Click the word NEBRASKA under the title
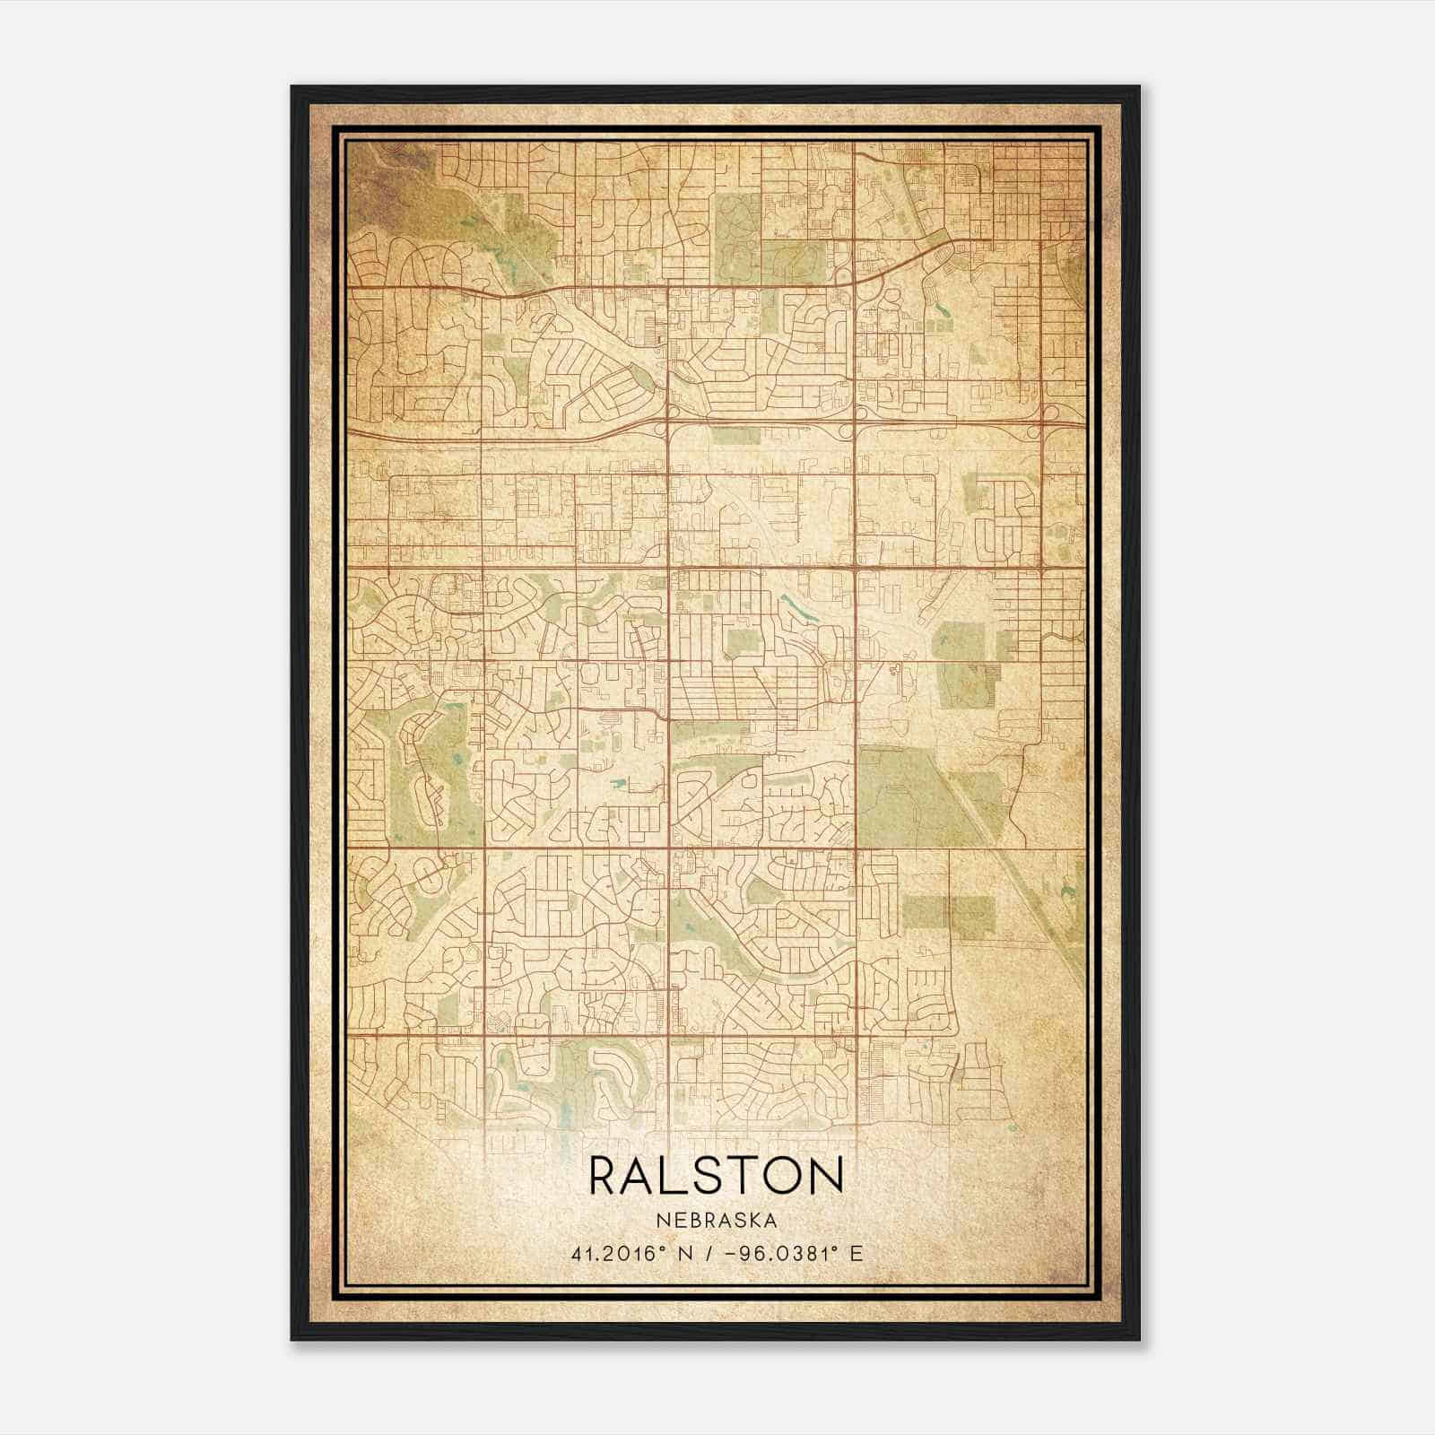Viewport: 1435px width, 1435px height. pyautogui.click(x=717, y=1220)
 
